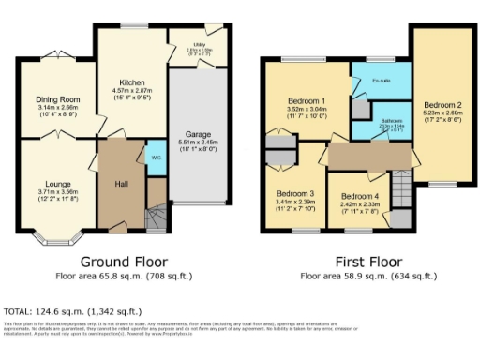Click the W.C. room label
tap(153, 157)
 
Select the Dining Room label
tap(58, 98)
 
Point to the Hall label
tap(121, 184)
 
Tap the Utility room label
tap(199, 44)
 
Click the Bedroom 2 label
tap(442, 105)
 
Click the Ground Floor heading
tap(121, 262)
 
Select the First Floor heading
tap(368, 262)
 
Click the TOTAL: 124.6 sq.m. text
tap(73, 309)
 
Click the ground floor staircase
tap(157, 217)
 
